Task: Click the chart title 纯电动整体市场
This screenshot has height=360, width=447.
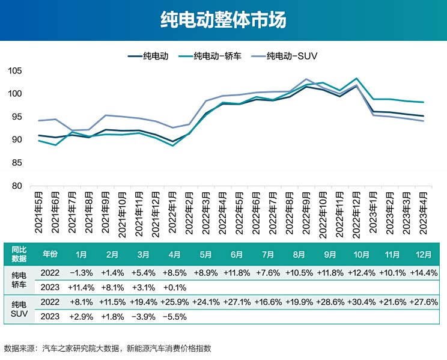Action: (x=223, y=20)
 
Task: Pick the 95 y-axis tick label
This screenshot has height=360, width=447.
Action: (x=16, y=117)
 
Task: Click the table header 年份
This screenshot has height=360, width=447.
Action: (x=50, y=254)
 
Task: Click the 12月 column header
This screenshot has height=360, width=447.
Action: (x=423, y=254)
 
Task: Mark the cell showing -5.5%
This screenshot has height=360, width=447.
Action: (x=174, y=316)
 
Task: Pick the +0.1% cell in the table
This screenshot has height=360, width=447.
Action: (x=174, y=287)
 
